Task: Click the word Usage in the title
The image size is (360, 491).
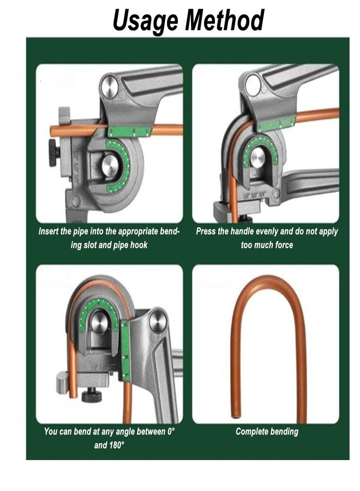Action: pos(146,20)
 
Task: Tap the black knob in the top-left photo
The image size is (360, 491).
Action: pos(53,153)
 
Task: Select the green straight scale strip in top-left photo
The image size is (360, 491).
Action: pos(129,131)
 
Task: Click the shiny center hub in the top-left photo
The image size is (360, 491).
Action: pos(111,165)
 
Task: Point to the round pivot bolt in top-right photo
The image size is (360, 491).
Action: pos(253,86)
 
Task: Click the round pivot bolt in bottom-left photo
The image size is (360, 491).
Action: pos(159,319)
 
